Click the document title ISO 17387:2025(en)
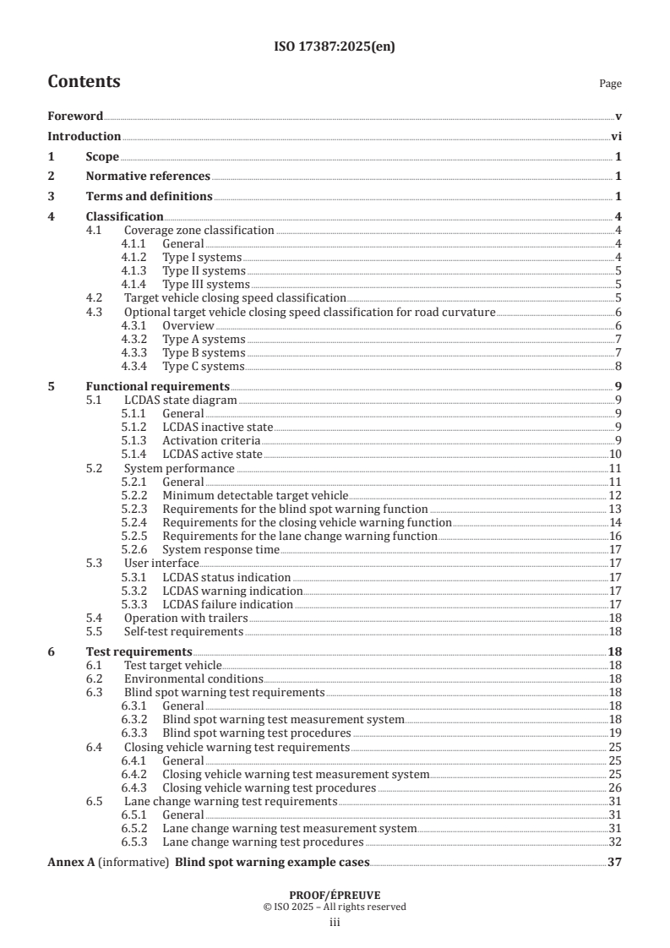coord(335,47)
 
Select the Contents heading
coord(84,82)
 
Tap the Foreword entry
coord(75,116)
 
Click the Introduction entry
coord(84,136)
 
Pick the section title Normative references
coord(148,176)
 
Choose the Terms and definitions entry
coord(149,197)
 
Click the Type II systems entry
coord(204,271)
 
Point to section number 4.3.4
coord(136,366)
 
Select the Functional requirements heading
coord(152,386)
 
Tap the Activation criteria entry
coord(211,441)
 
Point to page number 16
coord(616,536)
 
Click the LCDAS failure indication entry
coord(227,604)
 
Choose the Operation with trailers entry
coord(182,618)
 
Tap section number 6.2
coord(96,678)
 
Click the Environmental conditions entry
coord(193,678)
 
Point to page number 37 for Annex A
coord(615,863)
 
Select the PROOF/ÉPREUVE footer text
coord(335,896)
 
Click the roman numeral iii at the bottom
coord(335,923)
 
